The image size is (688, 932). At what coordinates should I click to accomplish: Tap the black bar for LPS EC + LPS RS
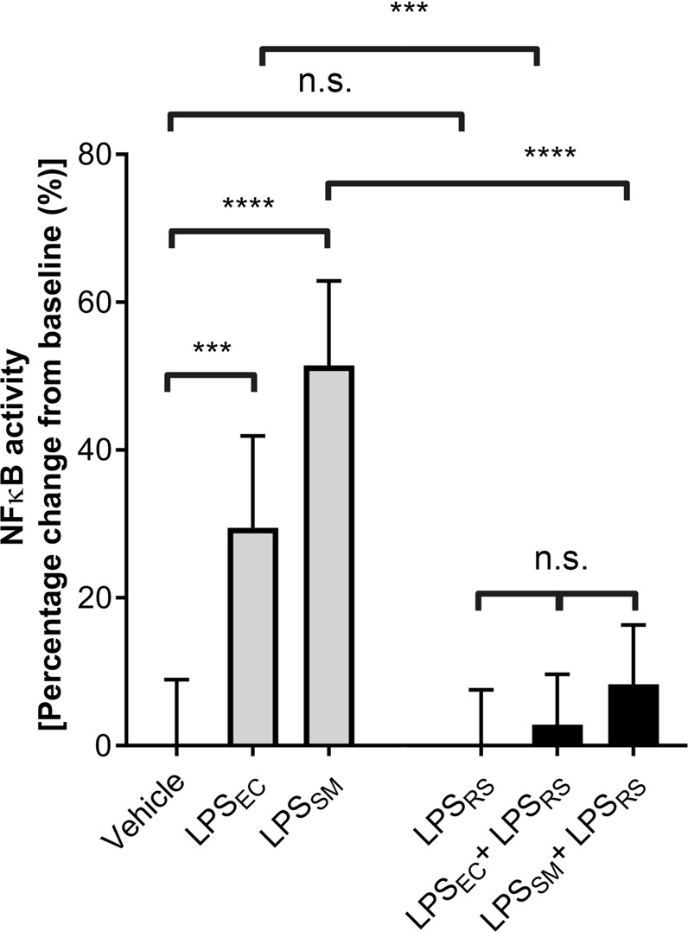pos(557,734)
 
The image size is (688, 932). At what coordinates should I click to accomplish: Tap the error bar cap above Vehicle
pos(176,680)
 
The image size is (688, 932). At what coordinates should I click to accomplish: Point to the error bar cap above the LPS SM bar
pos(328,281)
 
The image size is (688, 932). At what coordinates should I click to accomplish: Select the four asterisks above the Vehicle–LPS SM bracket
pos(248,206)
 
